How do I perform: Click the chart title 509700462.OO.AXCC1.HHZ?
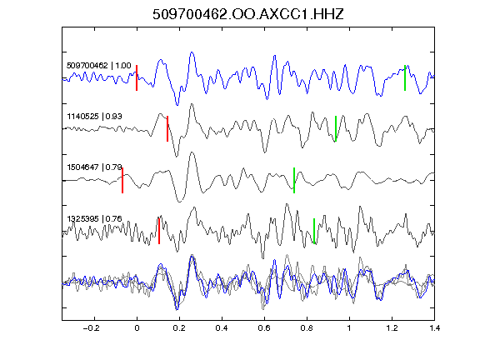[x=248, y=14]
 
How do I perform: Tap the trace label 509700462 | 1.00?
[x=99, y=66]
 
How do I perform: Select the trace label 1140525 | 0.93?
[x=95, y=117]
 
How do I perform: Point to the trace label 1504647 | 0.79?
[x=95, y=167]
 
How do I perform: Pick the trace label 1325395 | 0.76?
[x=95, y=218]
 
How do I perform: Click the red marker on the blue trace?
[x=137, y=77]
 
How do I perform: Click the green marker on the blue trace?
[x=405, y=77]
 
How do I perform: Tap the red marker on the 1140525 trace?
[x=167, y=128]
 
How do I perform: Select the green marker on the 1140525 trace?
[x=336, y=128]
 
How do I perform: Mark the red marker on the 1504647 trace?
[x=122, y=180]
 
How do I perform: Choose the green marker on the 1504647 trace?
[x=294, y=180]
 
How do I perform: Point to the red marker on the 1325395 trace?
[x=159, y=231]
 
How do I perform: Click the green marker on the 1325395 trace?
[x=314, y=231]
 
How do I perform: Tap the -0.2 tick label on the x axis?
[x=91, y=328]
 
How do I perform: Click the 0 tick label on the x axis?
[x=137, y=328]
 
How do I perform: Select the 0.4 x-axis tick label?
[x=222, y=328]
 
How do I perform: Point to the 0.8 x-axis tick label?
[x=307, y=328]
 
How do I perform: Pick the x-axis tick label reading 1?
[x=349, y=328]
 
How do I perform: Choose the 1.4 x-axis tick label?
[x=434, y=328]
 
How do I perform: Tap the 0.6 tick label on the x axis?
[x=264, y=328]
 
